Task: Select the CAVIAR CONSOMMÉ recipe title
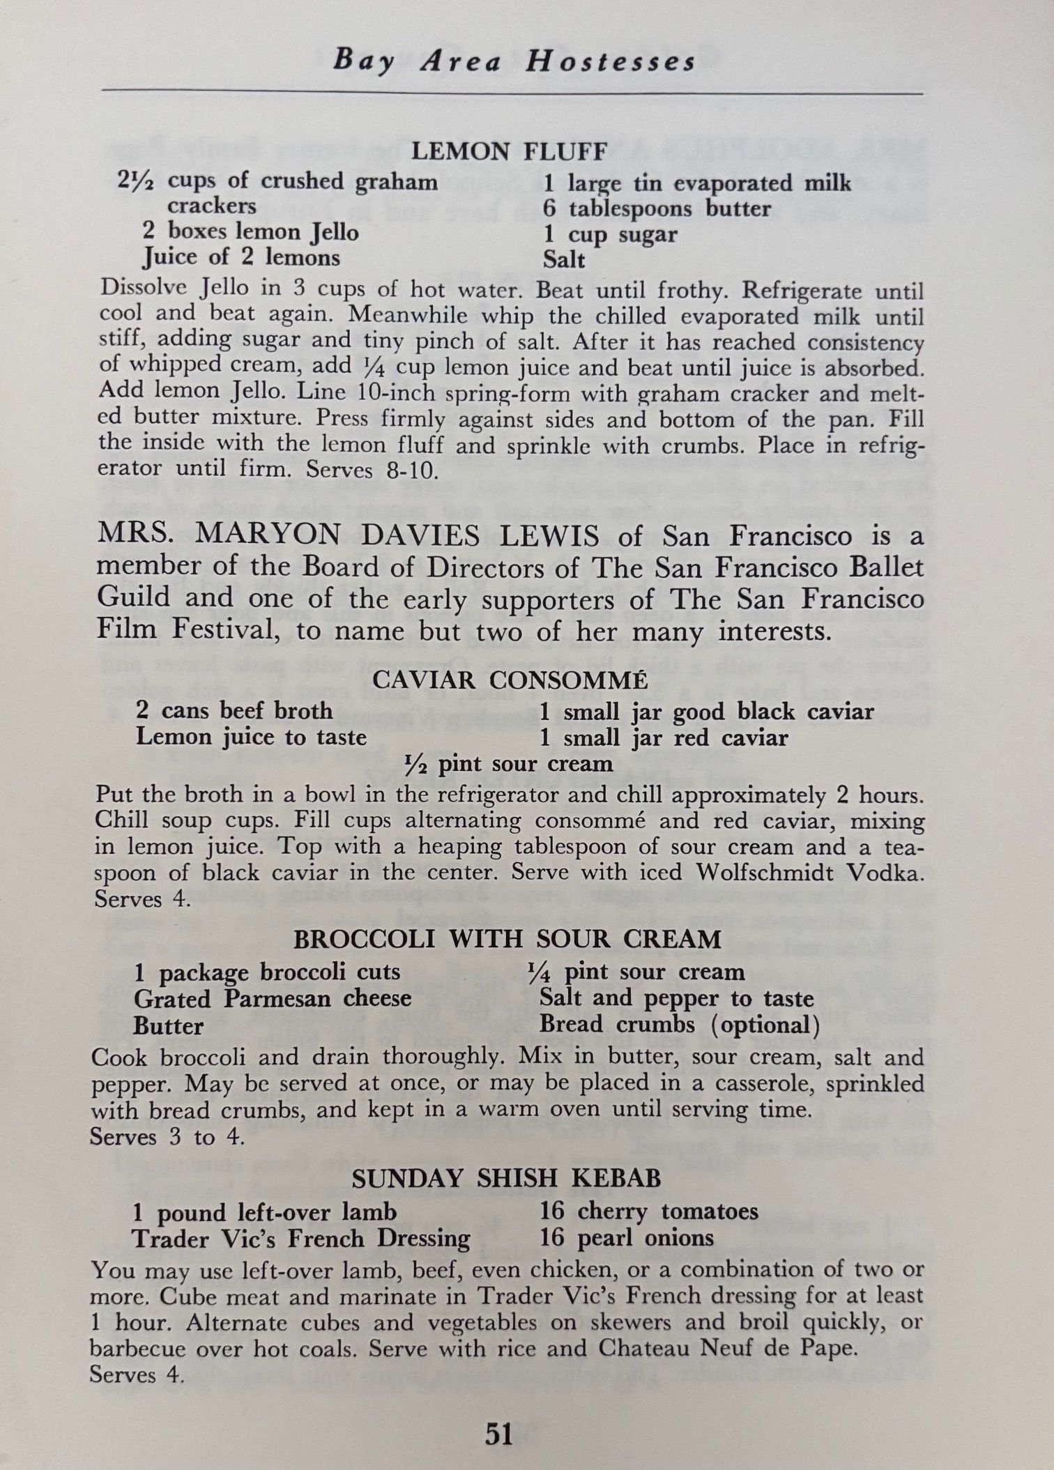click(510, 680)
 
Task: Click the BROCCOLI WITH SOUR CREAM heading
click(507, 939)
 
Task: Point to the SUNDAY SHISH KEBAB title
click(506, 1178)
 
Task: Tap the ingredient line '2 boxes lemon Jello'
click(250, 231)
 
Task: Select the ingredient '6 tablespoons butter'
click(657, 208)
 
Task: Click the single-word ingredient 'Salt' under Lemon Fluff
click(563, 260)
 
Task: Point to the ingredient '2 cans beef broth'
click(234, 711)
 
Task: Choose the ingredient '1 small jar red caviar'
click(664, 737)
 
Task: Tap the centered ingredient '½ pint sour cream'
click(509, 764)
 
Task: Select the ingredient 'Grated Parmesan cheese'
click(273, 999)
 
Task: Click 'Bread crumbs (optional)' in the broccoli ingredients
click(679, 1025)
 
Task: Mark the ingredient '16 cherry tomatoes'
click(648, 1211)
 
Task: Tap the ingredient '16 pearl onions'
click(627, 1238)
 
